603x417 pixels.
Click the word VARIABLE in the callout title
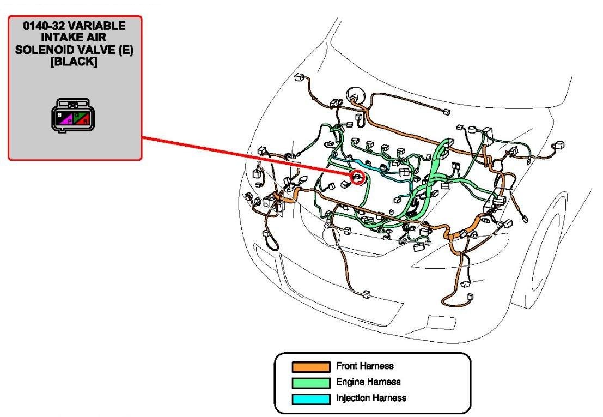click(101, 26)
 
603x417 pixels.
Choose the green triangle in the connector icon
click(78, 115)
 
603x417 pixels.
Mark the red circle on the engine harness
click(357, 177)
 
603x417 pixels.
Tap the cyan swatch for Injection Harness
click(310, 398)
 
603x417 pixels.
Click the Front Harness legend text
click(364, 366)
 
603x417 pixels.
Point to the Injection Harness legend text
click(371, 398)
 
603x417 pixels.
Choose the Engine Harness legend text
click(368, 382)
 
